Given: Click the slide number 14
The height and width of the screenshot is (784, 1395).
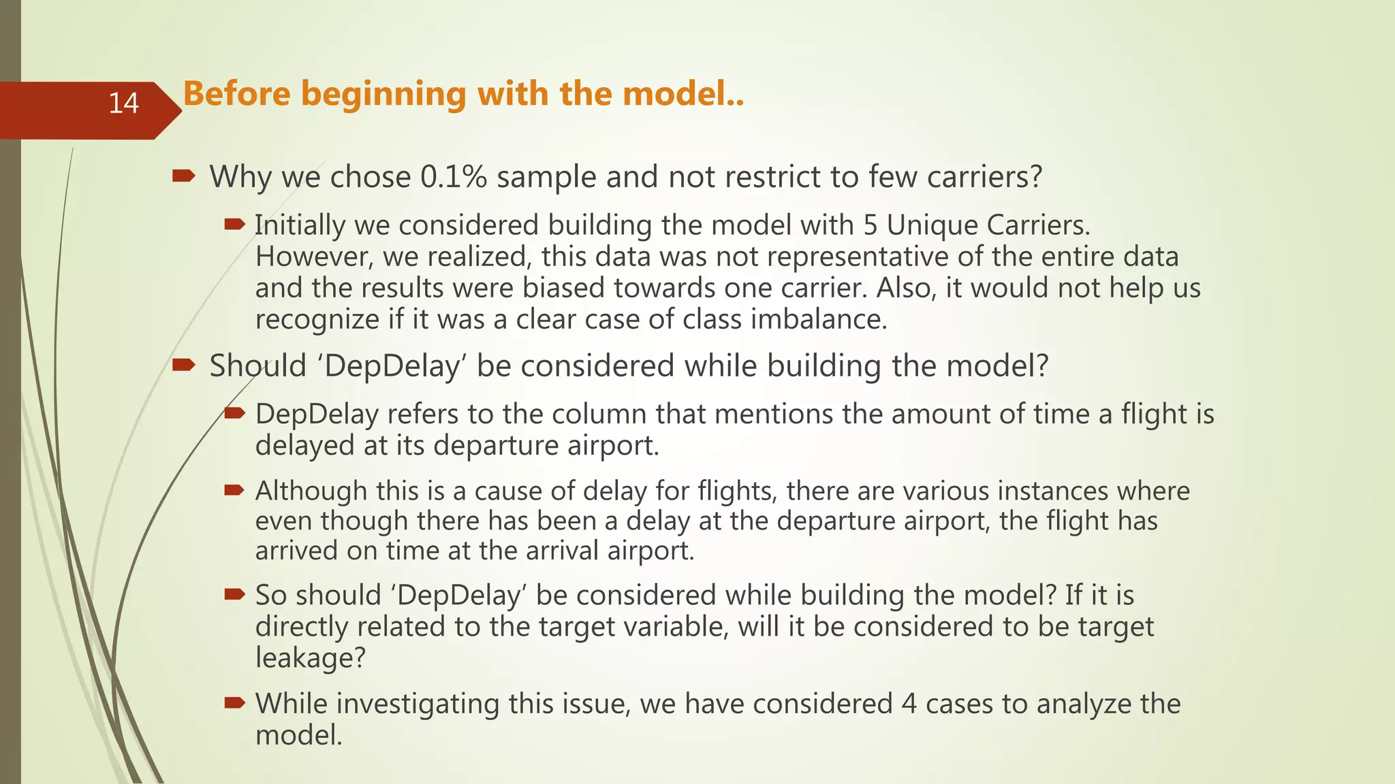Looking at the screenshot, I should pos(123,103).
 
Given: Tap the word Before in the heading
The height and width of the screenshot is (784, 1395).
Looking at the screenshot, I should pos(237,93).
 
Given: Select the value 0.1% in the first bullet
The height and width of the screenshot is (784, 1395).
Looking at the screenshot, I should pos(454,177).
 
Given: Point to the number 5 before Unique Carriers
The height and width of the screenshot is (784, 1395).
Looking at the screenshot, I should pos(871,225).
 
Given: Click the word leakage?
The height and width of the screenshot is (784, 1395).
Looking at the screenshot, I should pos(311,658).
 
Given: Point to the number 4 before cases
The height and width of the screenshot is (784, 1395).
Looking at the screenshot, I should pos(909,704).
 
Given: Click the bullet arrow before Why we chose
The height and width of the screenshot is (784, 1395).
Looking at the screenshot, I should pos(184,177).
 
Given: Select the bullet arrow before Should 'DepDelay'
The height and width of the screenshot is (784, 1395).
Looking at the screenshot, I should pos(184,366).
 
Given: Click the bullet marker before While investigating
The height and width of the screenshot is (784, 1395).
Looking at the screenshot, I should pos(234,702).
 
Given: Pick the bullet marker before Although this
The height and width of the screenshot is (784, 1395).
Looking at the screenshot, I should pos(234,489).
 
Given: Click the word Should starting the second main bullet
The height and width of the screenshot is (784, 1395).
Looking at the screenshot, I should pos(257,366).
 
